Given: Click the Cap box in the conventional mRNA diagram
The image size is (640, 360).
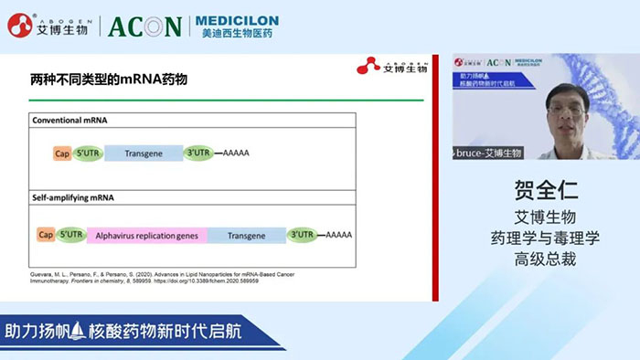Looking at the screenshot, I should click(x=62, y=154).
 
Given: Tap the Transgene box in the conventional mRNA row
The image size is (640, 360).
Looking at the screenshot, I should click(x=144, y=154).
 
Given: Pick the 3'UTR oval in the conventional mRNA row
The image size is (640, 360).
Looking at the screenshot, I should click(x=197, y=154).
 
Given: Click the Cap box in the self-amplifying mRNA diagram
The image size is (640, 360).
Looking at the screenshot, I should click(x=45, y=235).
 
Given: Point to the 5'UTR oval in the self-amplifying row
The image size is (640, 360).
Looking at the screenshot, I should click(x=70, y=235).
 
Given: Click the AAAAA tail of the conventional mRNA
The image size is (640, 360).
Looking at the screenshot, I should click(x=236, y=154).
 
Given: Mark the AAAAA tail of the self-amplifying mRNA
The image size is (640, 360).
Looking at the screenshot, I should click(x=339, y=235).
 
